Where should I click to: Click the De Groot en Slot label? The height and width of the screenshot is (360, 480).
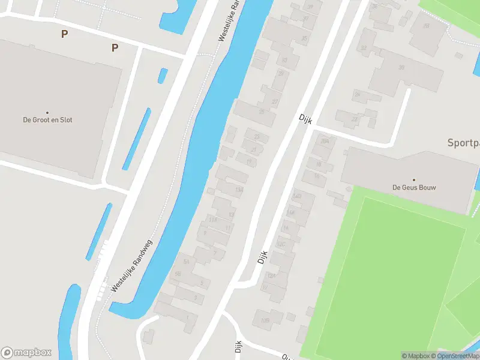(x=47, y=120)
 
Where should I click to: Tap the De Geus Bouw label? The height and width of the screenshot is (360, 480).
(x=414, y=187)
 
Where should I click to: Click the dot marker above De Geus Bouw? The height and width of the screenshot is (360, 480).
(x=414, y=179)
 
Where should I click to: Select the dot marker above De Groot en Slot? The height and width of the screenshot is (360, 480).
(x=47, y=112)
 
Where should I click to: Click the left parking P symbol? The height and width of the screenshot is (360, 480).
(x=64, y=34)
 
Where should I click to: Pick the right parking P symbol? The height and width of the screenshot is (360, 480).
(x=115, y=48)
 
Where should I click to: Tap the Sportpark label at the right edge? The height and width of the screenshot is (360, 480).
(x=463, y=143)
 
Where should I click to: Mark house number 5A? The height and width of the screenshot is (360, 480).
(x=186, y=262)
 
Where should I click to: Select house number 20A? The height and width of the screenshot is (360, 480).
(x=325, y=142)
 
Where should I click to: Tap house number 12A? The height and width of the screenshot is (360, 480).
(x=271, y=275)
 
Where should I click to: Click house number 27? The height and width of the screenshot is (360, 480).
(x=275, y=101)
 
